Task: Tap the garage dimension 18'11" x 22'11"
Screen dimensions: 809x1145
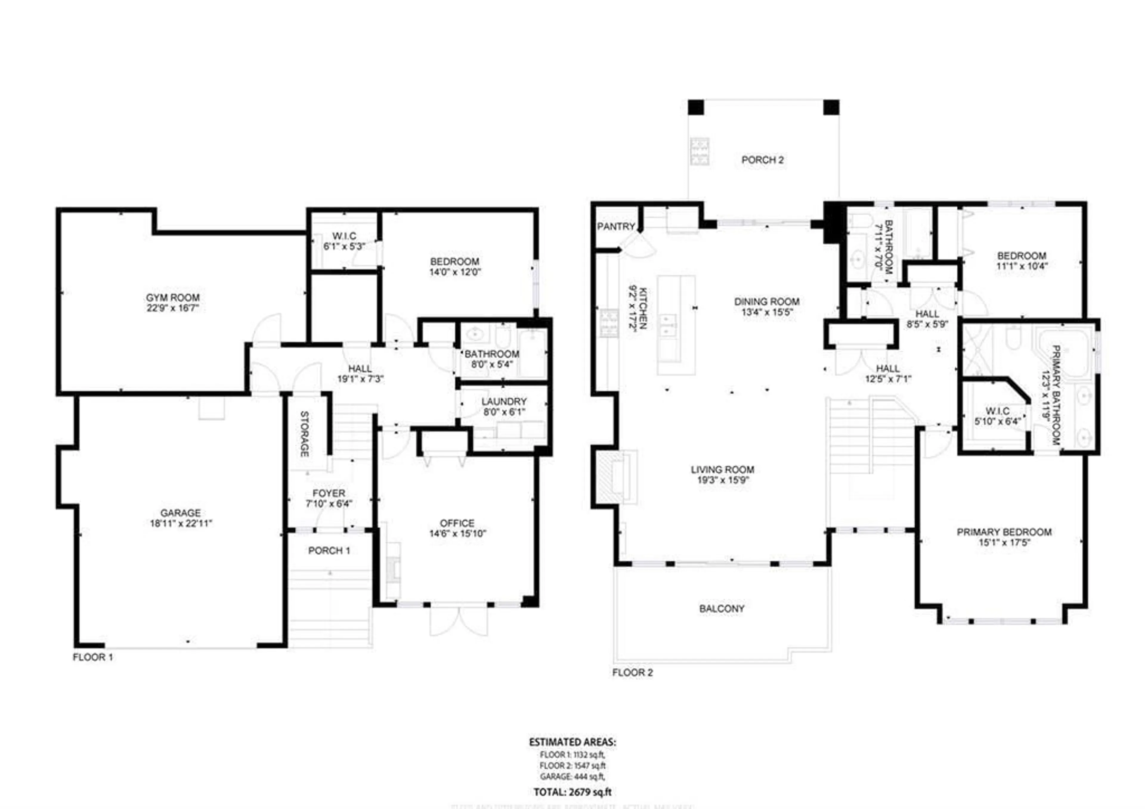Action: (x=180, y=523)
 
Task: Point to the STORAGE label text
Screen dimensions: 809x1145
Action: (x=304, y=434)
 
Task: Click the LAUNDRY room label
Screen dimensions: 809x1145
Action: (x=504, y=401)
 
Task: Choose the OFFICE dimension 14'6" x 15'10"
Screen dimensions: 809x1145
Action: (x=457, y=533)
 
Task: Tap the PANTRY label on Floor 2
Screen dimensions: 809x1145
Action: (x=616, y=226)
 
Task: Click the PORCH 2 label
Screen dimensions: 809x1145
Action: (x=762, y=160)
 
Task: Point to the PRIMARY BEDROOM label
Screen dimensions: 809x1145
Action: (x=1004, y=532)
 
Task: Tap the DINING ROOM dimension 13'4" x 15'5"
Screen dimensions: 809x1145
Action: (x=767, y=313)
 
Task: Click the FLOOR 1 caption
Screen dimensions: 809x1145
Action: (x=93, y=657)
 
